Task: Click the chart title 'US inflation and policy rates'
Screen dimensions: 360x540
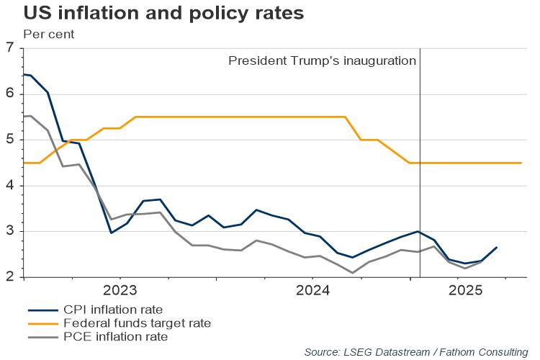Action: pyautogui.click(x=153, y=13)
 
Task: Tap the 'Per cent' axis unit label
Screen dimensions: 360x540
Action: pyautogui.click(x=48, y=34)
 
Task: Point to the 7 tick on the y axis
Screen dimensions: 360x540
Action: pyautogui.click(x=9, y=48)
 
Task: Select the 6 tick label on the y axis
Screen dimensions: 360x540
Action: pyautogui.click(x=9, y=94)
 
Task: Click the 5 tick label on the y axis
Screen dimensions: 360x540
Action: pyautogui.click(x=9, y=140)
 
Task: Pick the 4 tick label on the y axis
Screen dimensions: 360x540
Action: pyautogui.click(x=9, y=186)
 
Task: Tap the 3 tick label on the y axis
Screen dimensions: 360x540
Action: pyautogui.click(x=9, y=231)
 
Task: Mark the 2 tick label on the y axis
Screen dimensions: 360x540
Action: pyautogui.click(x=9, y=277)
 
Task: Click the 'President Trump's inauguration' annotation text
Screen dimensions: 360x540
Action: pyautogui.click(x=322, y=60)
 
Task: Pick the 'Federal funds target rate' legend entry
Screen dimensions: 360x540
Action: pyautogui.click(x=136, y=323)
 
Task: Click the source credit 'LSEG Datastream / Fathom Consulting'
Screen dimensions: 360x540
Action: pyautogui.click(x=415, y=351)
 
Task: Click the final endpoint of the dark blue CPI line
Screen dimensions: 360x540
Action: pyautogui.click(x=497, y=248)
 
